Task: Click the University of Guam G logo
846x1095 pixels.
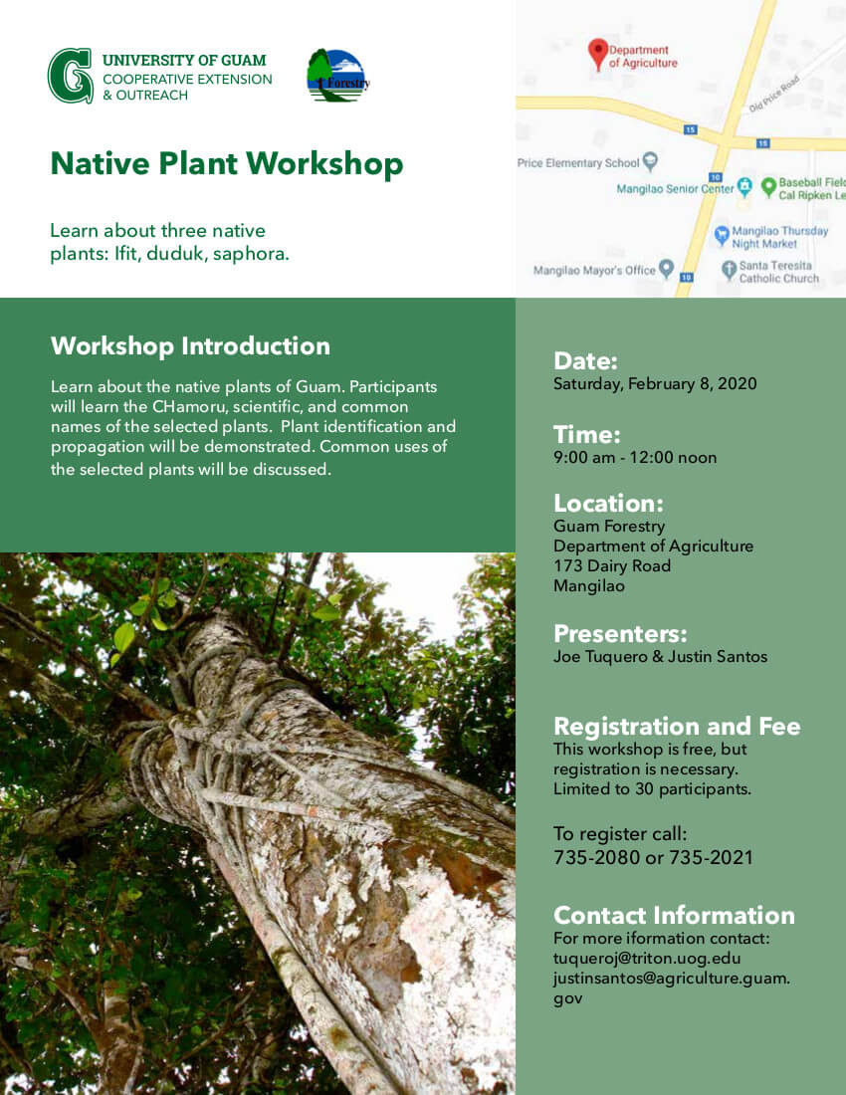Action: (x=71, y=76)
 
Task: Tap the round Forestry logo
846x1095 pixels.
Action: (x=337, y=76)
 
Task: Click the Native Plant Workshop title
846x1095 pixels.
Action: (x=227, y=164)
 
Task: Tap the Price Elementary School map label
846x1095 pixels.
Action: (x=578, y=162)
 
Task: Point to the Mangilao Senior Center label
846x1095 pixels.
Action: (x=675, y=188)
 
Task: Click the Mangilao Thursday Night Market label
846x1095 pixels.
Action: (x=779, y=237)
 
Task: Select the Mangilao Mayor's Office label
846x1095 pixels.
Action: (x=594, y=270)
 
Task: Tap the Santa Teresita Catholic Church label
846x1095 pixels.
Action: (x=779, y=272)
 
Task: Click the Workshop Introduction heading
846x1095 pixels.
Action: (x=190, y=346)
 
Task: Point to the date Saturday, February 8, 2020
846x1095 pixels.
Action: (x=655, y=383)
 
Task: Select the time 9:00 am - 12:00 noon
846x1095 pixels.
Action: (x=635, y=458)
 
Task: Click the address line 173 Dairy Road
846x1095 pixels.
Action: (x=612, y=565)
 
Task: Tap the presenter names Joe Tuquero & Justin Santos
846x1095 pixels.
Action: (x=660, y=656)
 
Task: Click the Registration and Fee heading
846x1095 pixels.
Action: (x=677, y=727)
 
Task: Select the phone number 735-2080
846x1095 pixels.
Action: (x=595, y=857)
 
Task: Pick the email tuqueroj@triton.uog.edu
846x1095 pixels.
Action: (x=647, y=958)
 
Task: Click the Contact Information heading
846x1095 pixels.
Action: (x=674, y=916)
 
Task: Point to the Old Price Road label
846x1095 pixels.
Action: (x=774, y=95)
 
